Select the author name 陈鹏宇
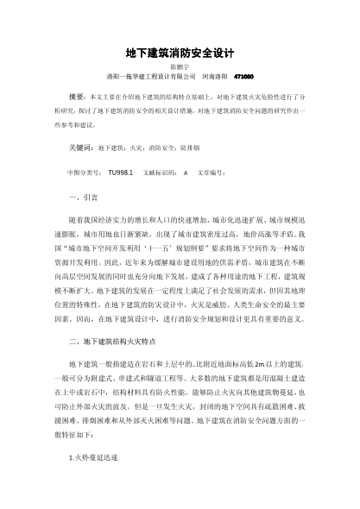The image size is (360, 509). (x=180, y=66)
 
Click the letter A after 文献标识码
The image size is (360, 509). (x=185, y=173)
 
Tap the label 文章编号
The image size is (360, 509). (x=212, y=173)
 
